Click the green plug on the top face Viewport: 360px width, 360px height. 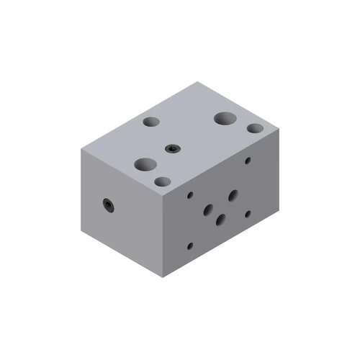click(x=172, y=149)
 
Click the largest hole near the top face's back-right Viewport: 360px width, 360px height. click(x=225, y=118)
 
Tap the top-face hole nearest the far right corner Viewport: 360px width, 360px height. click(x=255, y=129)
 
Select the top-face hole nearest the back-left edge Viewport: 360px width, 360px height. click(x=152, y=123)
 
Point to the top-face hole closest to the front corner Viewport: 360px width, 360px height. click(x=163, y=181)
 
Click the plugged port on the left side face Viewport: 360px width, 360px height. click(x=107, y=205)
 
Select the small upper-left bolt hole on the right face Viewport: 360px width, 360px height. click(x=190, y=194)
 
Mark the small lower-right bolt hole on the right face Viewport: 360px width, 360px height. click(x=248, y=213)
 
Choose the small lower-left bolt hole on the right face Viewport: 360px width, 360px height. click(x=190, y=246)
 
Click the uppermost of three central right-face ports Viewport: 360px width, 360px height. click(x=233, y=194)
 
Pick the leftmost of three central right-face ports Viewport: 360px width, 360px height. click(x=208, y=210)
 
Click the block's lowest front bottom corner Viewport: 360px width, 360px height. click(x=166, y=277)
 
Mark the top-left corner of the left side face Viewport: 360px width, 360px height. click(x=81, y=148)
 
